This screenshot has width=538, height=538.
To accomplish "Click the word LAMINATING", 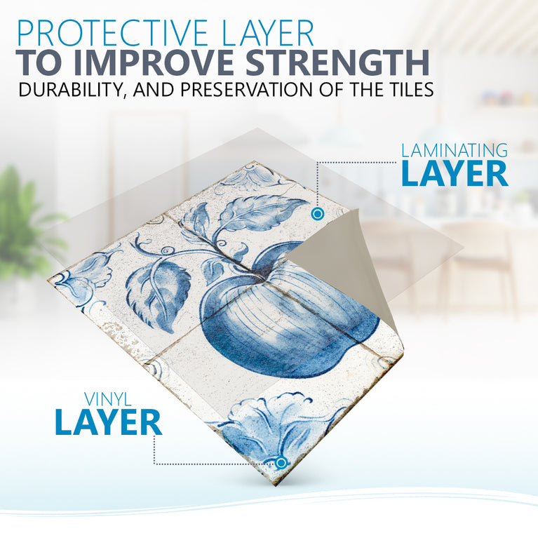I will [x=454, y=150].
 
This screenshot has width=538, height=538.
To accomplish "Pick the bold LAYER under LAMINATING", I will [x=454, y=174].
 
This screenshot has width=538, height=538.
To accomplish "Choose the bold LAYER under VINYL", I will [x=108, y=423].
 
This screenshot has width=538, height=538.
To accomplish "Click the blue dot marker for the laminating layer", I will [x=317, y=213].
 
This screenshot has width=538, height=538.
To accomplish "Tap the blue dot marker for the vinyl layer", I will [x=281, y=462].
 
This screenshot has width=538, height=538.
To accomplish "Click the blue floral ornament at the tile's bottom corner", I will [x=277, y=428].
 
